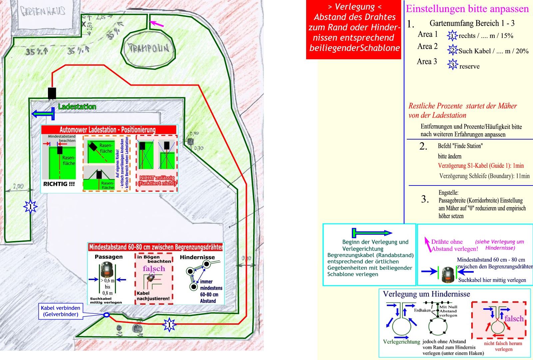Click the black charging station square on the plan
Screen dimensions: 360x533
coord(52,93)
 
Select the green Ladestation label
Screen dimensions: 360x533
coord(77,107)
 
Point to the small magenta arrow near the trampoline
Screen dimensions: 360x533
coord(157,24)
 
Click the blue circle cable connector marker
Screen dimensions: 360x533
coord(106,315)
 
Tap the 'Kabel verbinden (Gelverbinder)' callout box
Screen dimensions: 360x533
coord(61,311)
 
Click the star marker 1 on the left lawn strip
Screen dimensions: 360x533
coord(31,207)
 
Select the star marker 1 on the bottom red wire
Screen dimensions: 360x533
coord(169,324)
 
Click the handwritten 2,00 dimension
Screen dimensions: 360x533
coord(18,186)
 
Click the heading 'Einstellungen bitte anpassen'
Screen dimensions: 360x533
coord(467,9)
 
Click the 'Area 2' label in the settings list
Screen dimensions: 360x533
coord(427,46)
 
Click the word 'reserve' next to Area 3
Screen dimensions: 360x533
coord(469,66)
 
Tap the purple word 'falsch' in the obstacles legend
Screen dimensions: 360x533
coord(514,319)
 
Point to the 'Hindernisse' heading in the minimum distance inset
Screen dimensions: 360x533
coord(197,257)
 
